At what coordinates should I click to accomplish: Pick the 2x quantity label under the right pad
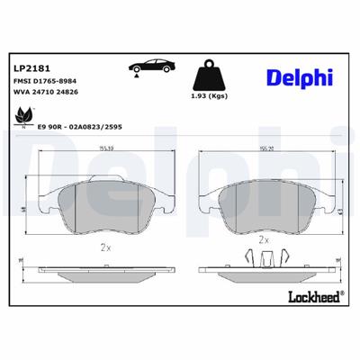coord(264,241)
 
